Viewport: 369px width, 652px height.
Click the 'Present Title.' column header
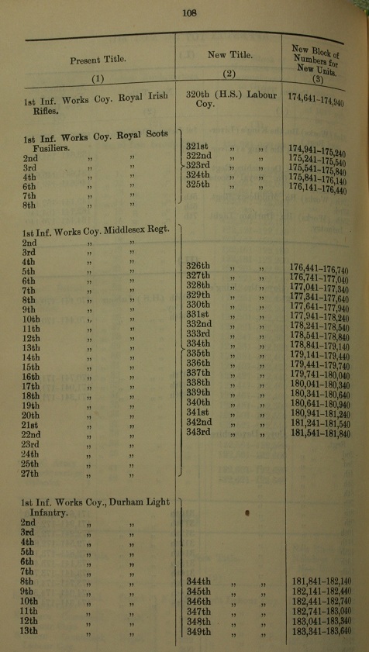click(98, 60)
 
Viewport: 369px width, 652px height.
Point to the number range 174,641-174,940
click(318, 99)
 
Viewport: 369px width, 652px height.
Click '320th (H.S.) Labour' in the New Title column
click(228, 95)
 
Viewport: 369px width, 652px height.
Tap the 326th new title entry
click(199, 266)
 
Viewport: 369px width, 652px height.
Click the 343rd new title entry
click(200, 432)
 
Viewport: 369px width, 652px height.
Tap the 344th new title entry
click(199, 581)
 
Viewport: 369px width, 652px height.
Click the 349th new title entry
click(199, 632)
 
